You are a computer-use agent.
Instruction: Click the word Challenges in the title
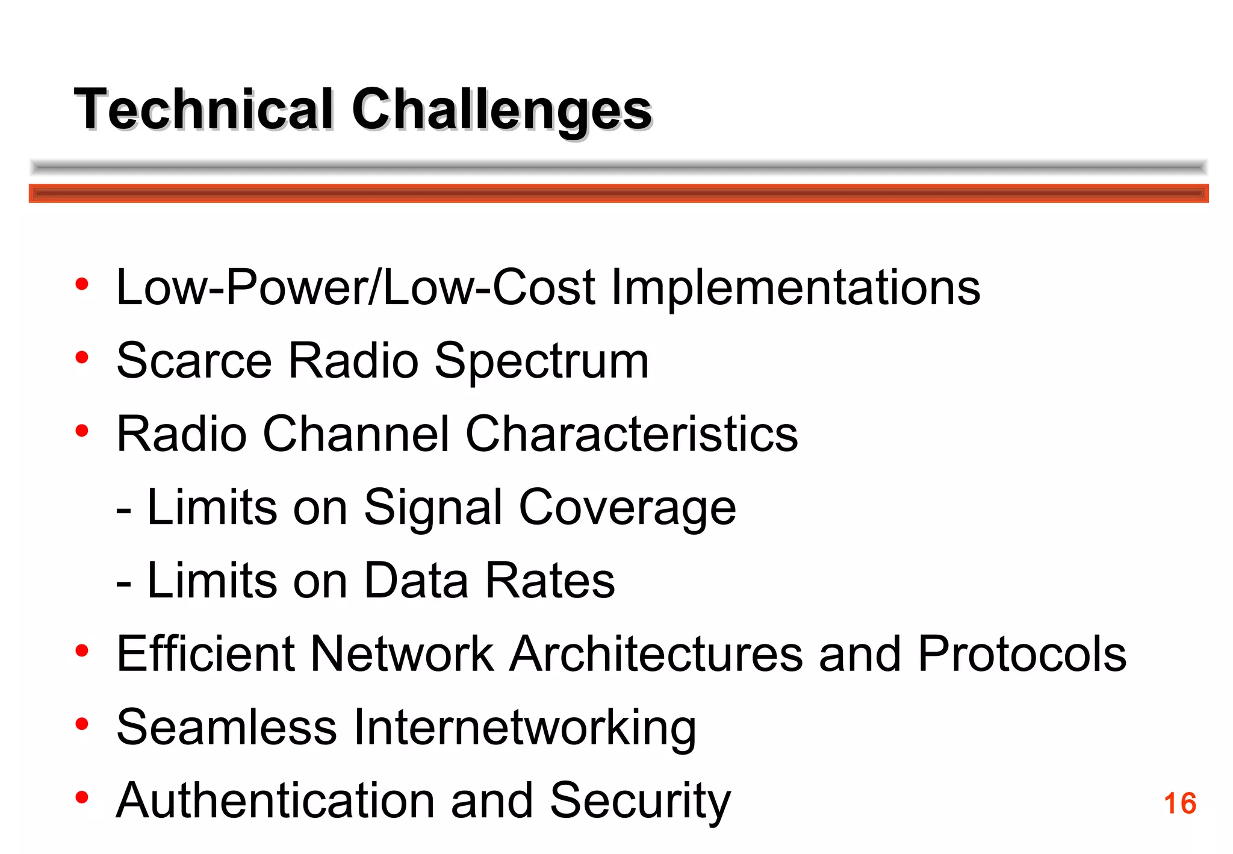click(x=502, y=110)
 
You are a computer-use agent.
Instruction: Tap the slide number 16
click(x=1179, y=803)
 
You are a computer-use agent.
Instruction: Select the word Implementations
click(x=795, y=287)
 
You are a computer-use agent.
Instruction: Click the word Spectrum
click(x=541, y=361)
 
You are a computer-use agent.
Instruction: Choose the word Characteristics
click(x=632, y=434)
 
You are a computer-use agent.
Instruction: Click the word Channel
click(x=356, y=434)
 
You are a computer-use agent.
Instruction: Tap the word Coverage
click(x=627, y=508)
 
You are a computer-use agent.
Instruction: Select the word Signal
click(x=433, y=508)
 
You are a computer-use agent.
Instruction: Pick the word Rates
click(x=550, y=581)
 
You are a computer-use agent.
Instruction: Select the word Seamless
click(x=226, y=728)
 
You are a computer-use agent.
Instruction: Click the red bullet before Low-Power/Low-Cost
click(x=82, y=284)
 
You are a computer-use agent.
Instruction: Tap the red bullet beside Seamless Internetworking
click(x=82, y=723)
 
